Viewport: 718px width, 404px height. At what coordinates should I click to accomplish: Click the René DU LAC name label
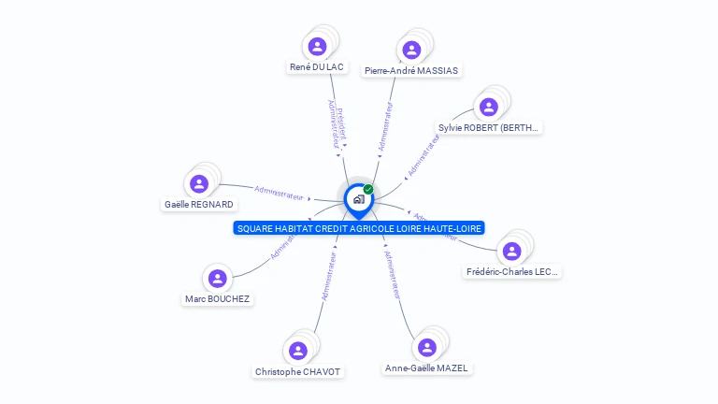coord(317,67)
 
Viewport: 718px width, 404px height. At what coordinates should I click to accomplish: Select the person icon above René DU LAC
coord(317,46)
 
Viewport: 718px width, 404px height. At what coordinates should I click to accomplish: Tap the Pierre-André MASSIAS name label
coord(412,70)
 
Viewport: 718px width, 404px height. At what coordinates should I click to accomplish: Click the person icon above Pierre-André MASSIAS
coord(409,50)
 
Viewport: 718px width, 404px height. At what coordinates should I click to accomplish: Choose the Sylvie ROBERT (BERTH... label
coord(489,127)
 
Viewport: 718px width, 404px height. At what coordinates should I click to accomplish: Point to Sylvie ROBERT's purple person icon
coord(487,107)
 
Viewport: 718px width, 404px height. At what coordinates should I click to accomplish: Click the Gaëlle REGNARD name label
coord(199,204)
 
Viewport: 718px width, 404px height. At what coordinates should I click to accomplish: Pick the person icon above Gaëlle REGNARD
coord(198,183)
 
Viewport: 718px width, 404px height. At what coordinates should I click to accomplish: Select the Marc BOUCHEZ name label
coord(218,299)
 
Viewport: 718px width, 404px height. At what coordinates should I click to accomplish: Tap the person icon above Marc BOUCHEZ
coord(218,278)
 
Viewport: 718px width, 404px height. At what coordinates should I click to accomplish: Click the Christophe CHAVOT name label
coord(298,371)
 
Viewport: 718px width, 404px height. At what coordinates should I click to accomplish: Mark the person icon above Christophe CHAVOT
coord(298,350)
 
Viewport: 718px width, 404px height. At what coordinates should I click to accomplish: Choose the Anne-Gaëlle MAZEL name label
coord(426,368)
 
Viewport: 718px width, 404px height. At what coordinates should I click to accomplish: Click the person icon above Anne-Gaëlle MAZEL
coord(427,347)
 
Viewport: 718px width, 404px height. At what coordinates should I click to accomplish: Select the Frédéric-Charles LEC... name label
coord(512,272)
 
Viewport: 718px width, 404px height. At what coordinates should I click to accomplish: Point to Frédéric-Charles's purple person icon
coord(511,251)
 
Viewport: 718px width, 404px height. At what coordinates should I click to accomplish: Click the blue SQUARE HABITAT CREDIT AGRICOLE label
coord(359,228)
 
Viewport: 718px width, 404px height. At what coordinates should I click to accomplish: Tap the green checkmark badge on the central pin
coord(368,189)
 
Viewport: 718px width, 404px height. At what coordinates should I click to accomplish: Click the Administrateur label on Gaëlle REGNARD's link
coord(279,193)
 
